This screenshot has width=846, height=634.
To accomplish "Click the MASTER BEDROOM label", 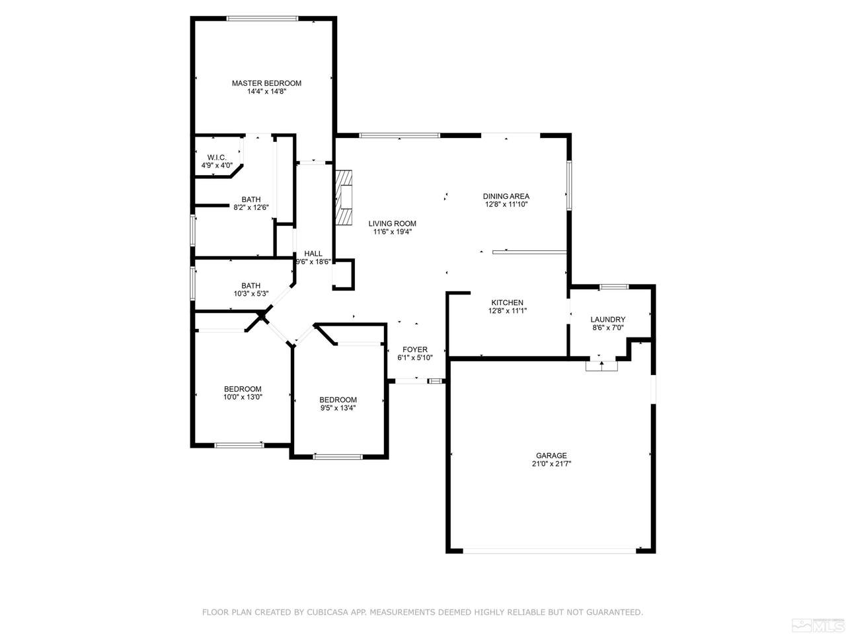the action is click(266, 83).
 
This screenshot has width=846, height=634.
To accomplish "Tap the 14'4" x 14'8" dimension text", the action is click(266, 92).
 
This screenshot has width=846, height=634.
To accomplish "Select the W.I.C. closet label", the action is click(217, 157).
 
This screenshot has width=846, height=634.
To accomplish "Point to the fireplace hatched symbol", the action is click(344, 197).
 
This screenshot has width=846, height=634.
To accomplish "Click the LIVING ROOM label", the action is click(392, 224).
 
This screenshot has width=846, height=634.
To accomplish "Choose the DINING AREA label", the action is click(506, 196).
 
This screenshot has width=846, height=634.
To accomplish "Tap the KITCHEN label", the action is click(507, 302).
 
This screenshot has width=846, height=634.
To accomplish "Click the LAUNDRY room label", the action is click(607, 320).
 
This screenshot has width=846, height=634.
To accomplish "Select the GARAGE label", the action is click(551, 456).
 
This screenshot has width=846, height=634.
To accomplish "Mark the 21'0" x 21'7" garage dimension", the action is click(551, 464).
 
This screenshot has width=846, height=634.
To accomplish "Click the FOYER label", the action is click(414, 349).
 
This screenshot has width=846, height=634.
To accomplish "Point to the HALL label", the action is click(313, 254).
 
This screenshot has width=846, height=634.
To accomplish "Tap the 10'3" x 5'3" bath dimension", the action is click(251, 294).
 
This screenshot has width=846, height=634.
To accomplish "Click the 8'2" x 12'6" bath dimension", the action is click(251, 207).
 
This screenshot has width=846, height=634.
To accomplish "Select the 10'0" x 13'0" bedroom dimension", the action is click(243, 398).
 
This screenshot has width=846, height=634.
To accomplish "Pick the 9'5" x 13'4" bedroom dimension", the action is click(338, 408).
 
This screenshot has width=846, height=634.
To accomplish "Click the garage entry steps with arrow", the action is click(601, 366).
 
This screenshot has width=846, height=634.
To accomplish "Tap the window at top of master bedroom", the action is click(262, 18).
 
